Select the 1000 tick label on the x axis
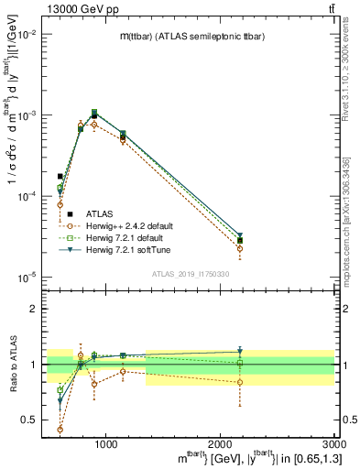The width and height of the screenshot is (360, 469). (106, 445)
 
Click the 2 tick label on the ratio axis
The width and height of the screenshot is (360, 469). (34, 309)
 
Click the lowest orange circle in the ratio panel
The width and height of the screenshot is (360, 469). (60, 429)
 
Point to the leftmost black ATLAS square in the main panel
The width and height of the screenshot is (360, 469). (60, 176)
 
